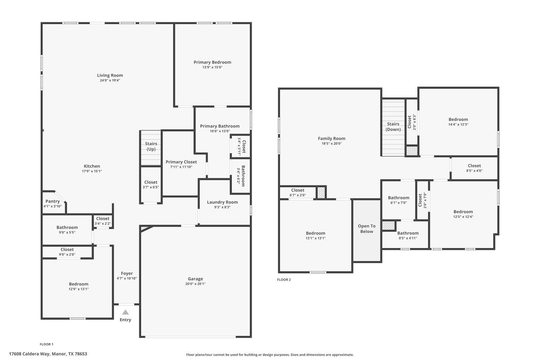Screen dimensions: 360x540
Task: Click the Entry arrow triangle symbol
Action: pos(125,312)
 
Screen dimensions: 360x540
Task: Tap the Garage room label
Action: pos(195,279)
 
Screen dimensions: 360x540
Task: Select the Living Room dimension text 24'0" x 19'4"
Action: pos(110,80)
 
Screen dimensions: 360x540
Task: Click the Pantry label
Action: pos(53,201)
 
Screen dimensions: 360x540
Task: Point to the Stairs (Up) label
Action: pos(151,146)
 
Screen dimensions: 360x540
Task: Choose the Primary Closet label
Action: pos(181,162)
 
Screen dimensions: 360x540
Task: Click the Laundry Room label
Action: pos(222,202)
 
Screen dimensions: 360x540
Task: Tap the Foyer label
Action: pos(127,273)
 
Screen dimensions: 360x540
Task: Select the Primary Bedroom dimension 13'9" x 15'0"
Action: pos(212,67)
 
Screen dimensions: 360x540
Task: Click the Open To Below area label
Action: pos(366,229)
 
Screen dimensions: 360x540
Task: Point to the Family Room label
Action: pos(332,138)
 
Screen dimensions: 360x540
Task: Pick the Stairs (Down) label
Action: pos(393,126)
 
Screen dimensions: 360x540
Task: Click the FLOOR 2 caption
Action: pos(284,280)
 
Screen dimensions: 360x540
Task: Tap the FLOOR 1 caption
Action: pos(46,344)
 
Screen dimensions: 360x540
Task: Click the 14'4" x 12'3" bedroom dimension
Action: pos(458,125)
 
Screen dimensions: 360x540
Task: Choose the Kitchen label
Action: pos(92,166)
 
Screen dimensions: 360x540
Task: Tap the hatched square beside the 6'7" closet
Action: pos(321,192)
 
